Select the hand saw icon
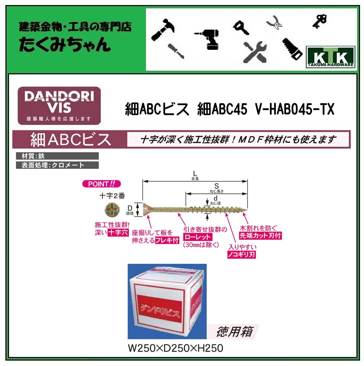(x=292, y=49)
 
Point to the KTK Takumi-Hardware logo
(x=330, y=58)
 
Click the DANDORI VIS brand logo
(x=59, y=105)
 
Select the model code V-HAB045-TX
(x=294, y=109)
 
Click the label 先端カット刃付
(x=260, y=236)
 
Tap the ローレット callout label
(x=198, y=237)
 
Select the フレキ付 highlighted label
(x=167, y=240)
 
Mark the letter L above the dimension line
(x=195, y=174)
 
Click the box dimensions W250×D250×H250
(x=175, y=348)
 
